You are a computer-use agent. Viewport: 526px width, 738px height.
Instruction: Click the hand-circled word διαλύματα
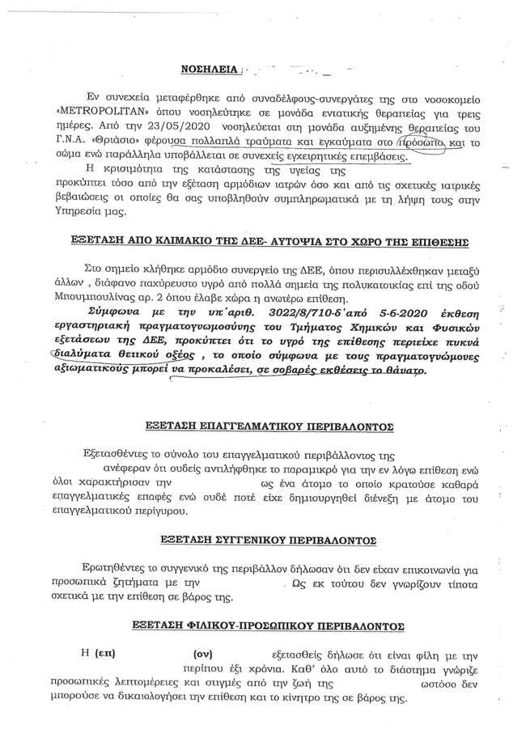coord(85,353)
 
